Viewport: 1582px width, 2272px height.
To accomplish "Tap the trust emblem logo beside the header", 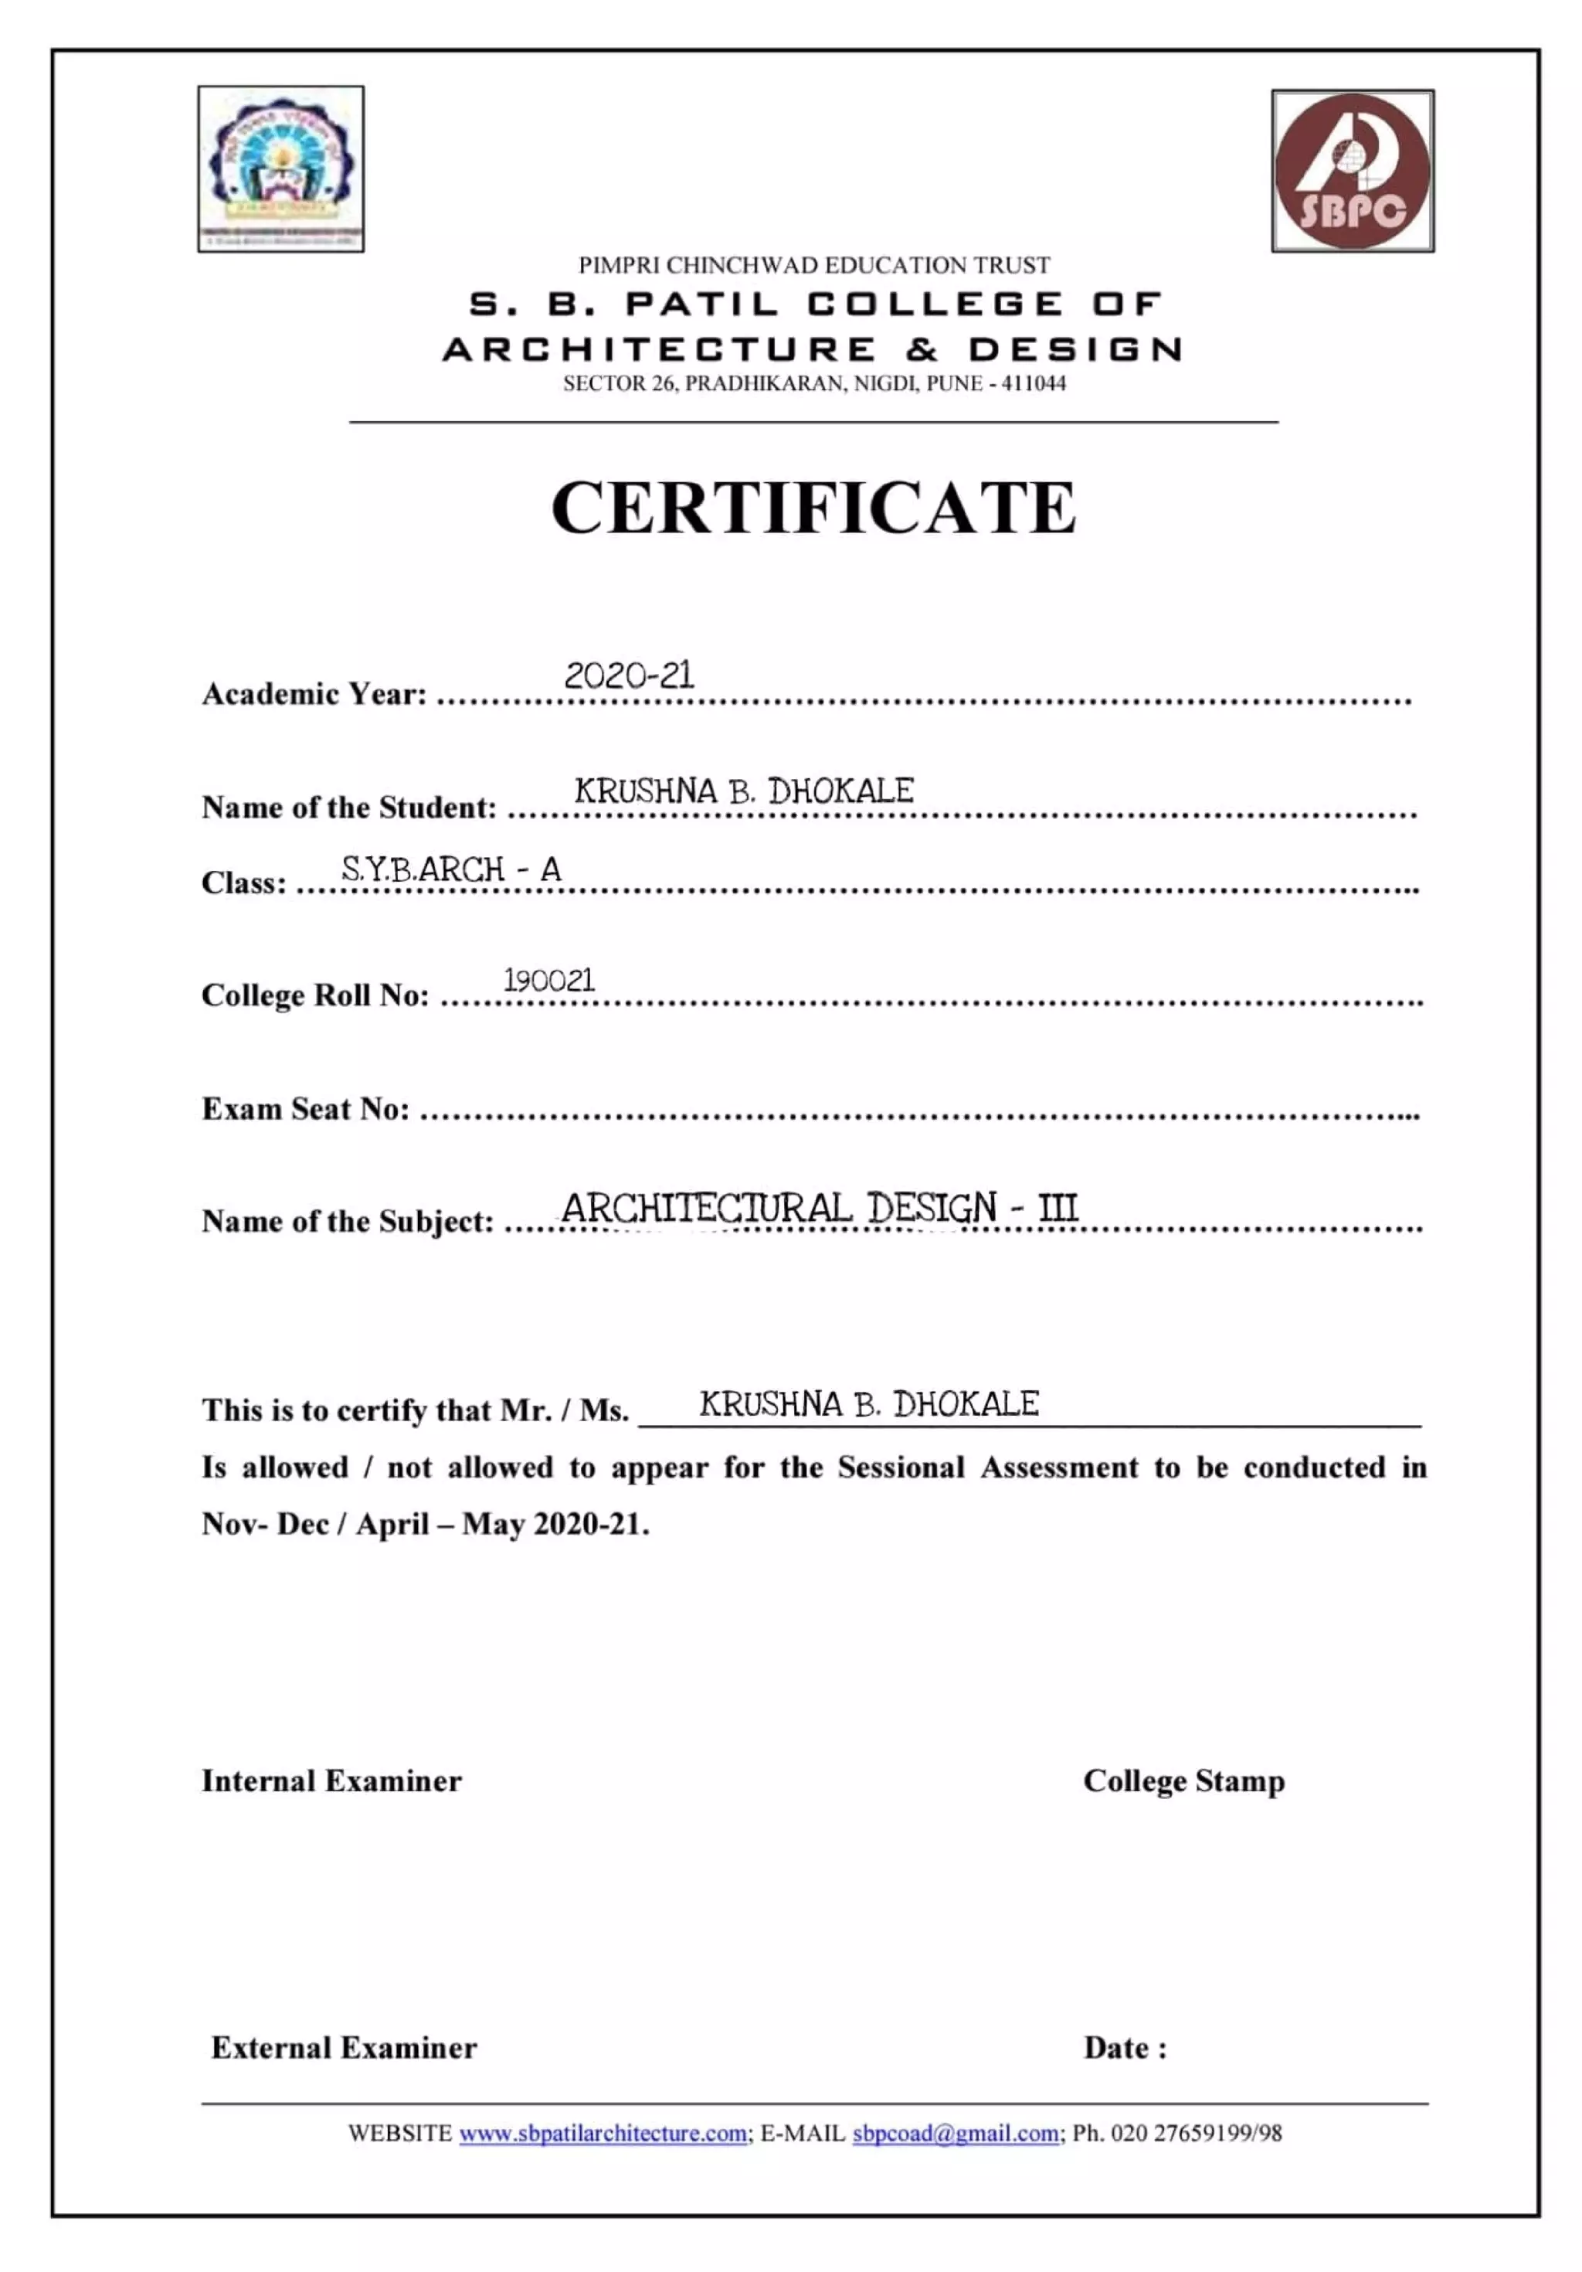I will tap(281, 168).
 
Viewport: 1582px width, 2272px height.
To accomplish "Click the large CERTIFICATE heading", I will tap(813, 508).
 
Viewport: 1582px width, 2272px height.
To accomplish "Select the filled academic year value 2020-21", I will tap(630, 676).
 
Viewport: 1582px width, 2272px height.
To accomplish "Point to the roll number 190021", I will tap(549, 981).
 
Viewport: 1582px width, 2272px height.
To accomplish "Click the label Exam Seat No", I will tap(304, 1109).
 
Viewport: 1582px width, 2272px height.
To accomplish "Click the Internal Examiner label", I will tap(331, 1781).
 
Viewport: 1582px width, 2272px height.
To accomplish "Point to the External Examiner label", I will tap(343, 2047).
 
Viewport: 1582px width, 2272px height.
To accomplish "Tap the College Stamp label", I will tap(1183, 1781).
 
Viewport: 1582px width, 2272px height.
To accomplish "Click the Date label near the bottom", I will tap(1125, 2047).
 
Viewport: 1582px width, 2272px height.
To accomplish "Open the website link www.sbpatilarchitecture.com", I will tap(603, 2134).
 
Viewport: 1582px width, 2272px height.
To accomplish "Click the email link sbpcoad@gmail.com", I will tap(955, 2134).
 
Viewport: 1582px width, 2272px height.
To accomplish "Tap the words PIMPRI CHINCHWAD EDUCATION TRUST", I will tap(813, 265).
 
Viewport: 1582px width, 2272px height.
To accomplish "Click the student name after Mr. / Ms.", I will tap(869, 1404).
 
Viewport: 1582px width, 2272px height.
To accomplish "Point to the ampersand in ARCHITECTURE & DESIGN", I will tap(921, 349).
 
